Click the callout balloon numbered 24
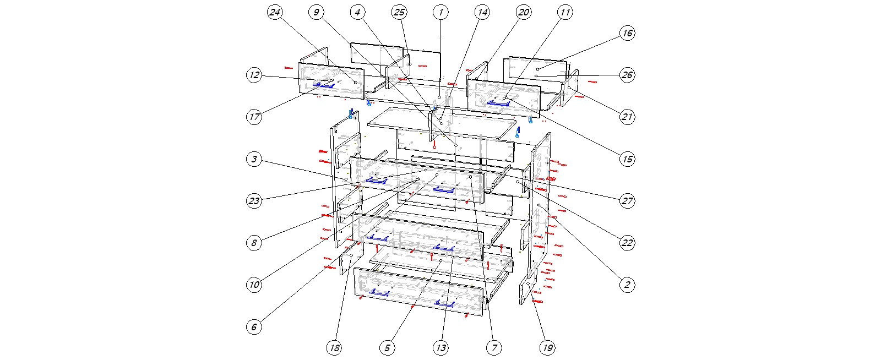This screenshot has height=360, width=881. pyautogui.click(x=275, y=12)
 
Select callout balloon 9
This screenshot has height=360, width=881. pyautogui.click(x=316, y=12)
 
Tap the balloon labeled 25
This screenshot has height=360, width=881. pyautogui.click(x=399, y=12)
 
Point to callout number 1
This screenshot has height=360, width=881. pyautogui.click(x=440, y=12)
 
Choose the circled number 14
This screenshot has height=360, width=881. pyautogui.click(x=482, y=12)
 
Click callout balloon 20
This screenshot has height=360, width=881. pyautogui.click(x=523, y=12)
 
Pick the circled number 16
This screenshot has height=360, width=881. pyautogui.click(x=627, y=33)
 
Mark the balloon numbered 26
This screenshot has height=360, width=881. pyautogui.click(x=627, y=75)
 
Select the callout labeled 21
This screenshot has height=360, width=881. pyautogui.click(x=627, y=117)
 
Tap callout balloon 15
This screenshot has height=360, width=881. pyautogui.click(x=627, y=159)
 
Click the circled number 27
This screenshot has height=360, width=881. pyautogui.click(x=627, y=201)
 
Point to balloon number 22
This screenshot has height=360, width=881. pyautogui.click(x=627, y=243)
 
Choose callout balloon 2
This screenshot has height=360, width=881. pyautogui.click(x=627, y=285)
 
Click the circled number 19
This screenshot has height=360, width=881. pyautogui.click(x=547, y=347)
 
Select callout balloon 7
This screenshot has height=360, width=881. pyautogui.click(x=494, y=347)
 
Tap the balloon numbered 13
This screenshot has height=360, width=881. pyautogui.click(x=440, y=347)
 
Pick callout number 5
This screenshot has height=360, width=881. pyautogui.click(x=387, y=347)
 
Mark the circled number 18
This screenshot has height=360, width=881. pyautogui.click(x=334, y=347)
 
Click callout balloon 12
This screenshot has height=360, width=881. pyautogui.click(x=254, y=75)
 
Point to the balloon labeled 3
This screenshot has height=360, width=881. pyautogui.click(x=254, y=159)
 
